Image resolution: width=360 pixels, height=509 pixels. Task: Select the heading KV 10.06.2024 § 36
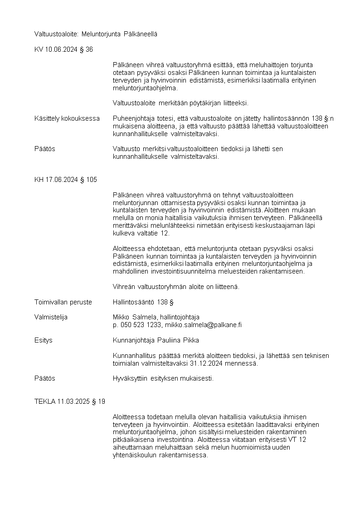pyautogui.click(x=63, y=49)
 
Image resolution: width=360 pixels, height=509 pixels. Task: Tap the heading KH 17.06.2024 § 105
pyautogui.click(x=65, y=180)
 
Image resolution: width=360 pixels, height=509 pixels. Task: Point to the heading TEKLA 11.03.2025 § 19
pyautogui.click(x=70, y=401)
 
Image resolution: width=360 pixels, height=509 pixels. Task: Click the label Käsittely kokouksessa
pyautogui.click(x=67, y=118)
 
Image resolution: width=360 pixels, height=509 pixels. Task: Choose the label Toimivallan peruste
pyautogui.click(x=63, y=302)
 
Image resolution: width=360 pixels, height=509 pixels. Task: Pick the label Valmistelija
pyautogui.click(x=51, y=317)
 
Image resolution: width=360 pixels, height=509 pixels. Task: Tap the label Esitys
pyautogui.click(x=43, y=340)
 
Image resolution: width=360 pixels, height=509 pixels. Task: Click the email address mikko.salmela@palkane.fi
pyautogui.click(x=203, y=325)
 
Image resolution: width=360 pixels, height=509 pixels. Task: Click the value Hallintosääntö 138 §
pyautogui.click(x=143, y=302)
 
